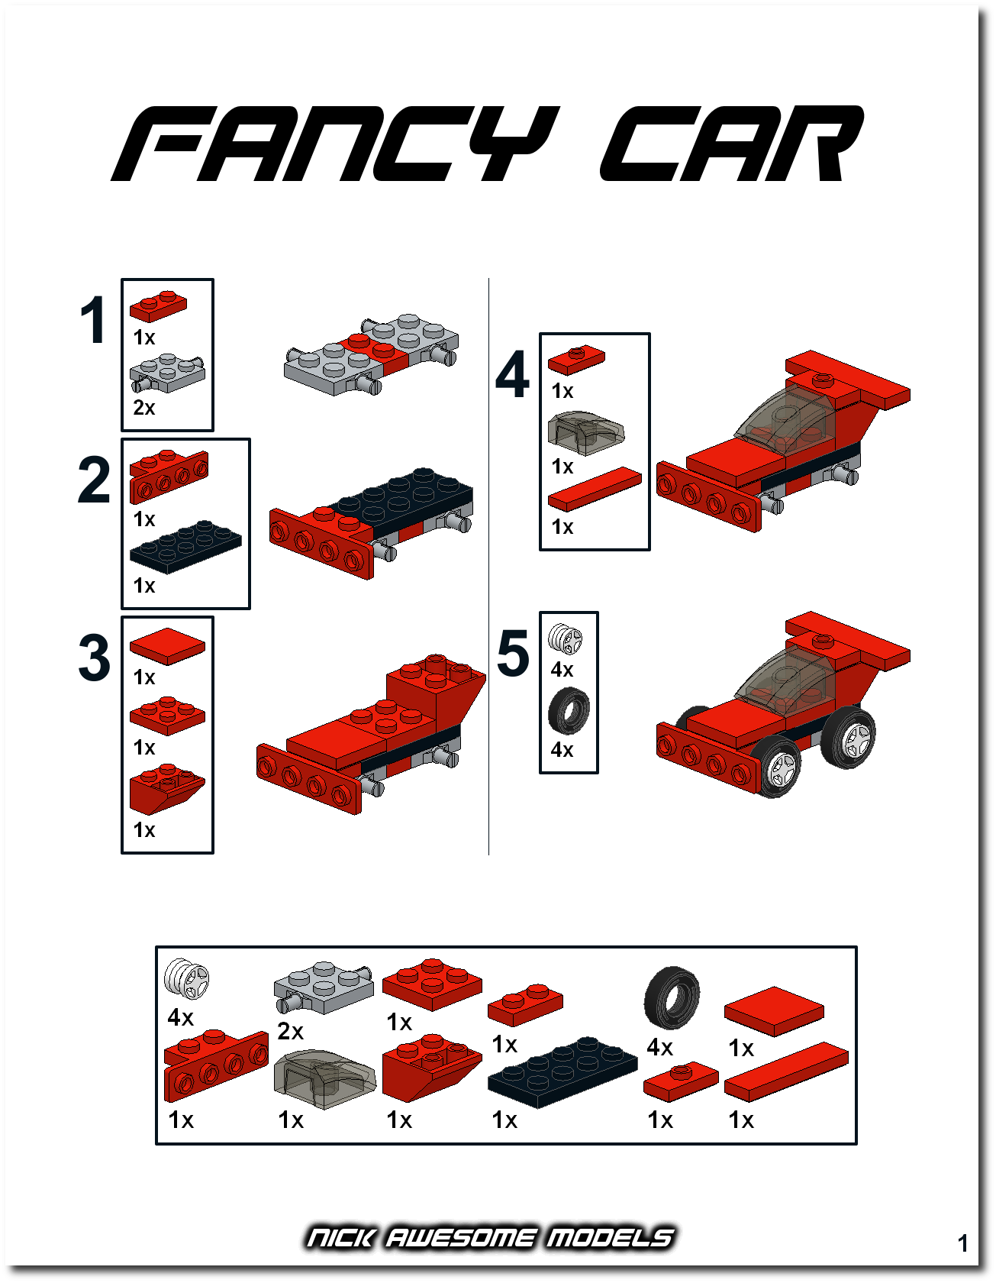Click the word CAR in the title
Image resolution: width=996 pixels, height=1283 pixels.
pos(732,144)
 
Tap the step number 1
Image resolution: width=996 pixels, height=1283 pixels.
pos(94,321)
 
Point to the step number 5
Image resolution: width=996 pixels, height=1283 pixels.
pos(513,653)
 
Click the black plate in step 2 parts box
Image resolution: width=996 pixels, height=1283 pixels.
pos(185,546)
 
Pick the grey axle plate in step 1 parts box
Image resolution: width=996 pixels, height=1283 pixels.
pos(167,373)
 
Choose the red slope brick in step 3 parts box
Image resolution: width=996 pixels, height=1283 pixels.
pos(167,788)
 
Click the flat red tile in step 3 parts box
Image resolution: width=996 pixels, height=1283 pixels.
pos(167,646)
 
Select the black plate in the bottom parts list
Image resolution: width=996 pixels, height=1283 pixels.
pos(562,1072)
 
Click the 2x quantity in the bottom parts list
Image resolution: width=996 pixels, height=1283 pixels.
pos(291,1032)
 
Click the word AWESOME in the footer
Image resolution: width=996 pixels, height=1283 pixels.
pos(460,1237)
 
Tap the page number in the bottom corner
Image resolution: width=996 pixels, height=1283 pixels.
pos(963,1243)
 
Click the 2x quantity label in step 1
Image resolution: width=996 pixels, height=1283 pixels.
pos(144,408)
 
